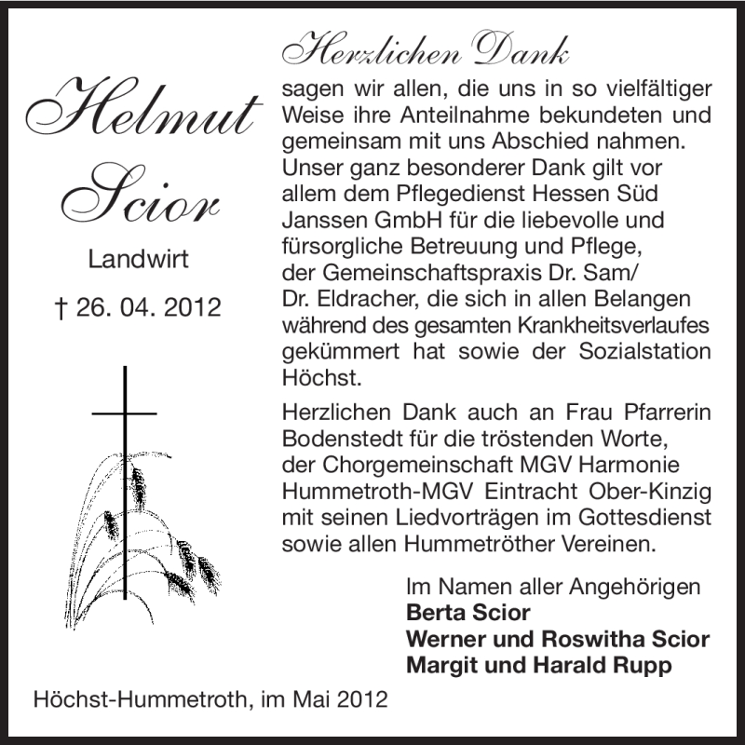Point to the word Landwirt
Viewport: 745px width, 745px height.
click(x=138, y=259)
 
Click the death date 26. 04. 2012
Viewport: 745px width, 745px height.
click(x=149, y=307)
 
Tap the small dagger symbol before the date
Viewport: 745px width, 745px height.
click(x=61, y=307)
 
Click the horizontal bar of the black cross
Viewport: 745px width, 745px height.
click(x=124, y=411)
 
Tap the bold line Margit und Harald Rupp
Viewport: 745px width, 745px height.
click(x=538, y=666)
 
